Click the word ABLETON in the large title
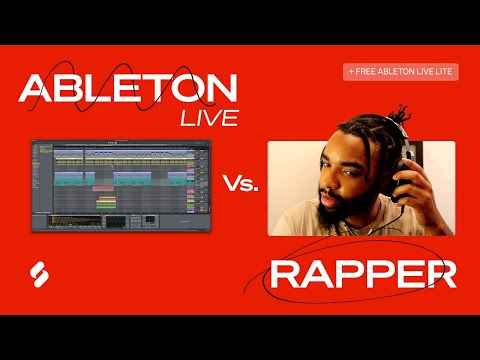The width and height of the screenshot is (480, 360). (x=128, y=90)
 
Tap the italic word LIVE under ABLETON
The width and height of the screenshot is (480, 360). (x=210, y=118)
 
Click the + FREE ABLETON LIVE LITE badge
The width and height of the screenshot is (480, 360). (x=401, y=72)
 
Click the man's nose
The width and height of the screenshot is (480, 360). (x=332, y=187)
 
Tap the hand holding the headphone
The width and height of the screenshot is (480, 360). (x=400, y=170)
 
